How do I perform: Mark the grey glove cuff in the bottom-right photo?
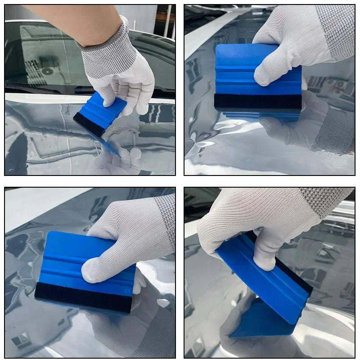(x=324, y=198)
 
